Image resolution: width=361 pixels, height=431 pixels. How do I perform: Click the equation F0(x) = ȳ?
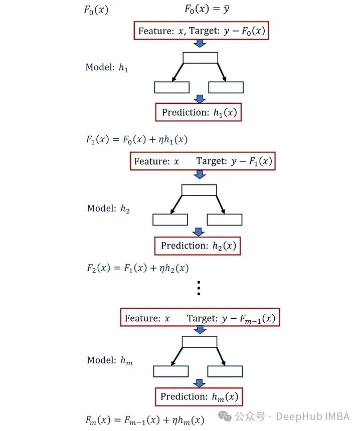click(x=207, y=9)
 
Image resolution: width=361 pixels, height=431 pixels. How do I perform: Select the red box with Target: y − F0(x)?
click(x=201, y=31)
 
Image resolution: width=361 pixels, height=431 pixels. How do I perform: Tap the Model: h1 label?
click(x=107, y=67)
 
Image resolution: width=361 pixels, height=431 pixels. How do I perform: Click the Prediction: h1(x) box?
click(x=199, y=113)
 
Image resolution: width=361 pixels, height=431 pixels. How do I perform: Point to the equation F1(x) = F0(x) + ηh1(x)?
click(x=136, y=140)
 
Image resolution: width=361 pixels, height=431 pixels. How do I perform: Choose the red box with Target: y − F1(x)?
click(x=203, y=161)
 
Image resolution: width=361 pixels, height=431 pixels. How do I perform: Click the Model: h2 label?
click(x=108, y=208)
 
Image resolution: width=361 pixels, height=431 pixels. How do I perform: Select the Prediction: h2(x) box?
click(x=198, y=246)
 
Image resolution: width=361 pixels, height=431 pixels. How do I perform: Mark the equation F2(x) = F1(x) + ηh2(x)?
click(x=137, y=268)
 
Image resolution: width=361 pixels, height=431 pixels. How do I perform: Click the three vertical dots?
click(x=199, y=288)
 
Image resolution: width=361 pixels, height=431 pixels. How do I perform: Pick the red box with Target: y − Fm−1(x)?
click(x=200, y=318)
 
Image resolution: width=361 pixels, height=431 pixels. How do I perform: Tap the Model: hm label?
click(x=110, y=360)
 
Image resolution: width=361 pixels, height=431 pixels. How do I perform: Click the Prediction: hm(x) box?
click(x=199, y=397)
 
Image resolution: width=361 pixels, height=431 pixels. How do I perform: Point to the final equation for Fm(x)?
click(x=145, y=420)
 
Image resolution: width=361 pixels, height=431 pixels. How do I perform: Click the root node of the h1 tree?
click(x=200, y=58)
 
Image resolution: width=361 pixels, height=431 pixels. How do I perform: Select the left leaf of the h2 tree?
click(x=170, y=220)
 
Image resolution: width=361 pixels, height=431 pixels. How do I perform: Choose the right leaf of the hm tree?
click(x=225, y=371)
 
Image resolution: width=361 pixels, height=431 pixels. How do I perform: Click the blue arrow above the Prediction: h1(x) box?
click(x=200, y=99)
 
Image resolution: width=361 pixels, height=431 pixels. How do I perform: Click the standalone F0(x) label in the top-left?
click(x=95, y=10)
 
